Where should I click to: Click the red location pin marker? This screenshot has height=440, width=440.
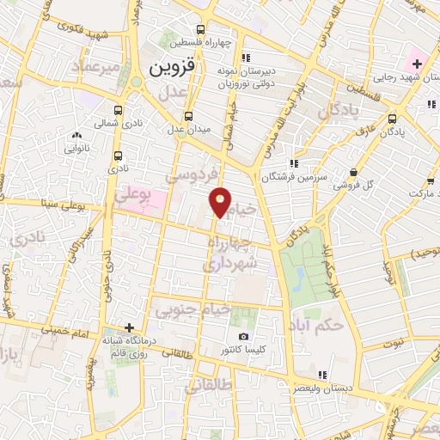pos(221,201)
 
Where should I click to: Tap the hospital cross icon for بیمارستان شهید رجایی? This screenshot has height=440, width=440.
pos(417,63)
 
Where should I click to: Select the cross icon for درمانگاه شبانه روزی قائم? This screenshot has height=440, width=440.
pos(129,327)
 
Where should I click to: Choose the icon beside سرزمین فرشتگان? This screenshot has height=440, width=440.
pos(294,162)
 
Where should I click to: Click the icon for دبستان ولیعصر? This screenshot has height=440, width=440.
pos(322,375)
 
